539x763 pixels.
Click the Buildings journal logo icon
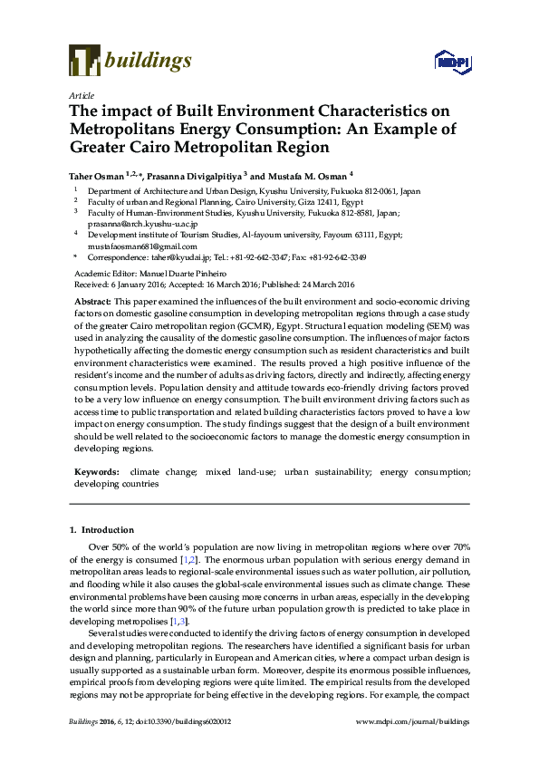(84, 62)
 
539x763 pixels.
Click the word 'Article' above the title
(81, 95)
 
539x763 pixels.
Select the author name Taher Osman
(97, 176)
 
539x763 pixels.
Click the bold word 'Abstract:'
(92, 300)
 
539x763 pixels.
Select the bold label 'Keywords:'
(95, 472)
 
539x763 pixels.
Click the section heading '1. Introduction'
(101, 530)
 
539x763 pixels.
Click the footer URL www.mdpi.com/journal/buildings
(413, 721)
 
